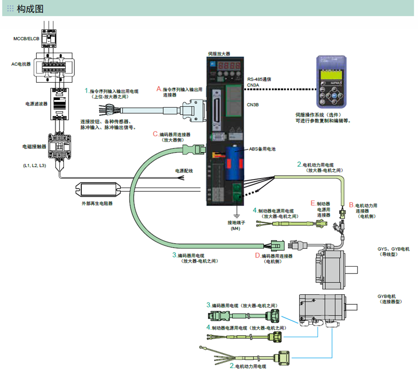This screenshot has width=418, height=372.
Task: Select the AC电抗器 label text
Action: (21, 64)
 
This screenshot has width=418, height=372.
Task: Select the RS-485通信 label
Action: (260, 80)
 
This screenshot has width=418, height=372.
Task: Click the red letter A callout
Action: (159, 89)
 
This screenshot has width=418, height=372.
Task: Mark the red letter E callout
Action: (313, 203)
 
